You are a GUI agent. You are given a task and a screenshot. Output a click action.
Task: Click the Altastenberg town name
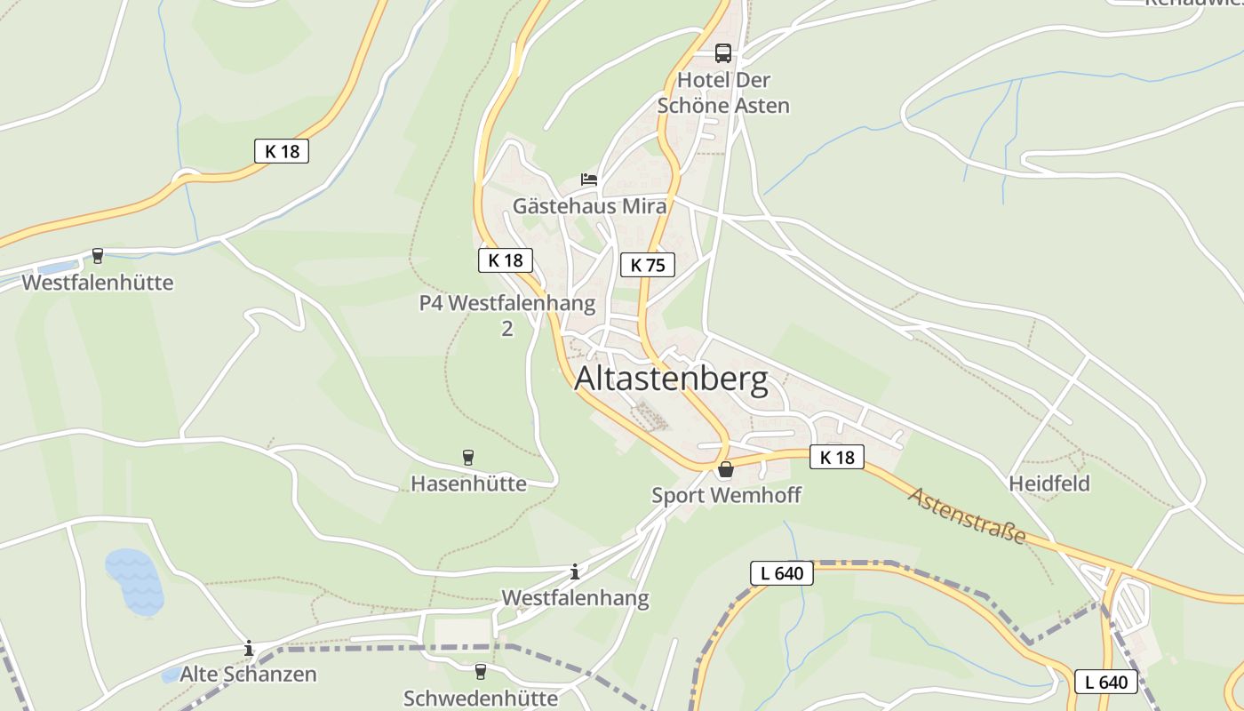tap(671, 379)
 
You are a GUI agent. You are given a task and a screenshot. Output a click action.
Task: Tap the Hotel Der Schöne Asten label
tap(723, 92)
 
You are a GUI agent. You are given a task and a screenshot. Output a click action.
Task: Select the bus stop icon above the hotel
tap(723, 53)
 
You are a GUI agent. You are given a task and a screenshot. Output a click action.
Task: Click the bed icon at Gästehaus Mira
tap(589, 180)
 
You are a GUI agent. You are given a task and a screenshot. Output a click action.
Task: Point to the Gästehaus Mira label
tap(589, 206)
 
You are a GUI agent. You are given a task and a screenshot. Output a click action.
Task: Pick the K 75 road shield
tap(648, 265)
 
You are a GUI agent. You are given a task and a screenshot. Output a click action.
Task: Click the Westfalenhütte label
tap(98, 283)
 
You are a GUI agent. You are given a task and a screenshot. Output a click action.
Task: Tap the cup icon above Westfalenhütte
tap(98, 257)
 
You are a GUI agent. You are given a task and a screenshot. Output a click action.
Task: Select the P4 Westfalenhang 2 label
tap(507, 316)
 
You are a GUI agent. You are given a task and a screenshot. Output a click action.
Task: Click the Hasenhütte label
tap(468, 483)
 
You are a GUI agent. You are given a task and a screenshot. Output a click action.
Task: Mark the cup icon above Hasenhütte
tap(468, 458)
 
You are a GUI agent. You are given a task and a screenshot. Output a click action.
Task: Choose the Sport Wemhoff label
tap(726, 495)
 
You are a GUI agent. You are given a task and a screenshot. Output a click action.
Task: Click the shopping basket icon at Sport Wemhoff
tap(726, 469)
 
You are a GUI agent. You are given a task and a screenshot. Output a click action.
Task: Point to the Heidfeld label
tap(1049, 483)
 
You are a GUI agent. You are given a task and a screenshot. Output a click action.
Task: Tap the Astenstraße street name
tap(967, 515)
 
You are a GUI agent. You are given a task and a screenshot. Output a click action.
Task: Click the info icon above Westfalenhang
tap(575, 571)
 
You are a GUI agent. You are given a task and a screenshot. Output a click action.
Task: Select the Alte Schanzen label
tap(248, 674)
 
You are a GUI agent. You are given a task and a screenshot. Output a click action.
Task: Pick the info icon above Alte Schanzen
tap(249, 648)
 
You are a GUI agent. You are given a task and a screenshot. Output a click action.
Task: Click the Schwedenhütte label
tap(481, 698)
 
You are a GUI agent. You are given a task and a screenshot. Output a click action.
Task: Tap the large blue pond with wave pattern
tap(134, 582)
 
